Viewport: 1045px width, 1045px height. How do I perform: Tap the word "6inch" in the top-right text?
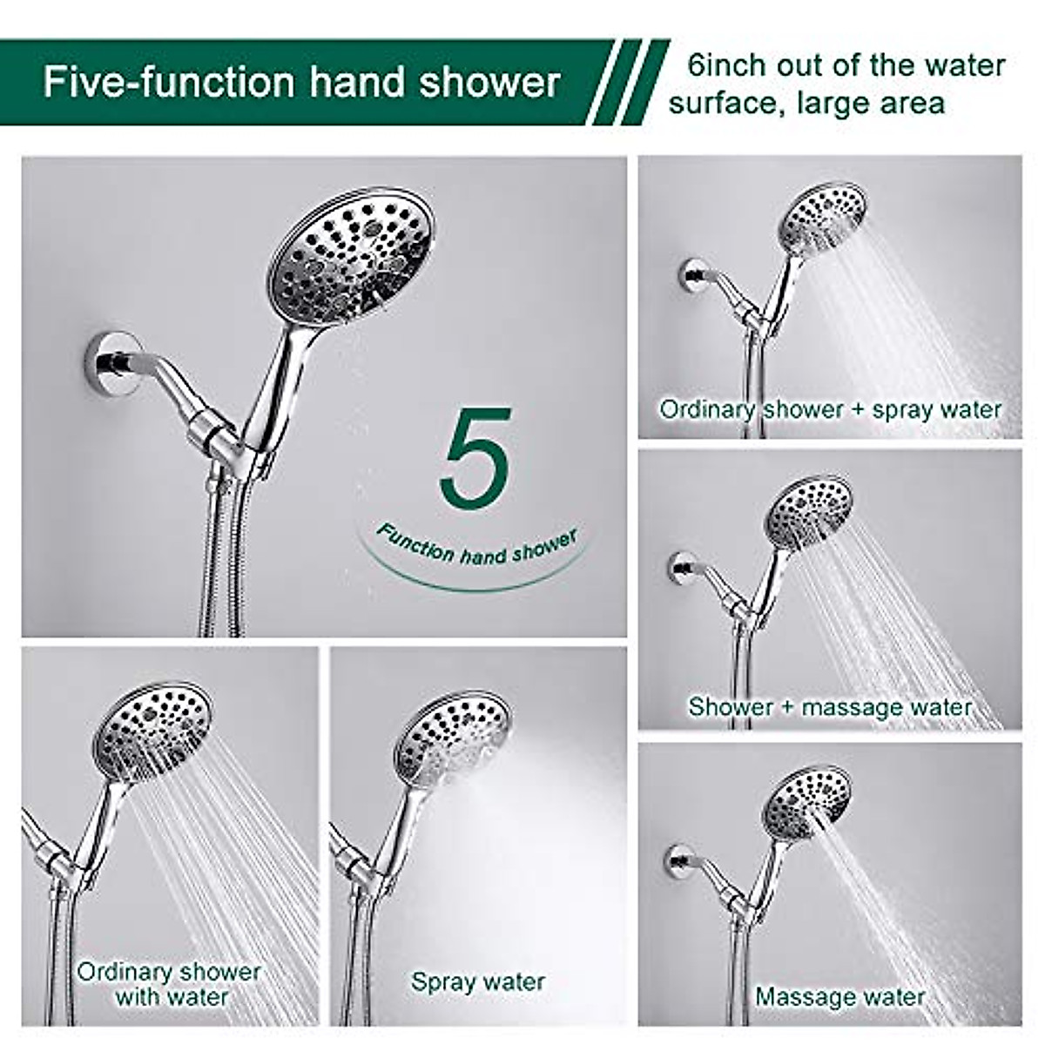click(725, 65)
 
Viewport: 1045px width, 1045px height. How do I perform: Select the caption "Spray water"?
click(478, 981)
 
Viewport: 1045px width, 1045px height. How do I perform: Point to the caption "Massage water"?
click(839, 996)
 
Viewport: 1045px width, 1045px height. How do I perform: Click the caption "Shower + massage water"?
click(830, 706)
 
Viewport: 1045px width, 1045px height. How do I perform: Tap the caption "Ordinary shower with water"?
click(170, 984)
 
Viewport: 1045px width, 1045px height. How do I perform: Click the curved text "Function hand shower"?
click(476, 547)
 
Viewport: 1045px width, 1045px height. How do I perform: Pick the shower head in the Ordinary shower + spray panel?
click(821, 218)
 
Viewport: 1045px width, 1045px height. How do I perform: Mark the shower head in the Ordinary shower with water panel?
click(153, 727)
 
